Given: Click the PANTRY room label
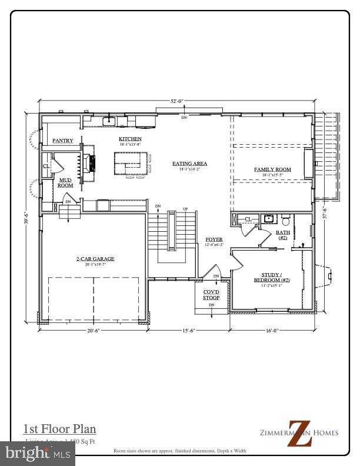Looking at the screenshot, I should point(63,141).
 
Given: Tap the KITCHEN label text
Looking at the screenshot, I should point(130,139).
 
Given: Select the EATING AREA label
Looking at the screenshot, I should point(189,164).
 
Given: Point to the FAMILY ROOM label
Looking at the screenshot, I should point(272,169).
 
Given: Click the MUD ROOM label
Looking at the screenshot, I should point(65,182).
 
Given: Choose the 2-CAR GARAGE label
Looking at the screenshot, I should point(95,258).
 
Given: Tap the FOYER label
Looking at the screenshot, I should point(214,239).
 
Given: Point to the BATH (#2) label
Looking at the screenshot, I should point(282,235).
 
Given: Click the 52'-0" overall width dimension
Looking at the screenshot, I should point(177,101).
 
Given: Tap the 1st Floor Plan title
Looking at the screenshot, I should point(59,429).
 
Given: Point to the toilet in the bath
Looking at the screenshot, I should point(286,221).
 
